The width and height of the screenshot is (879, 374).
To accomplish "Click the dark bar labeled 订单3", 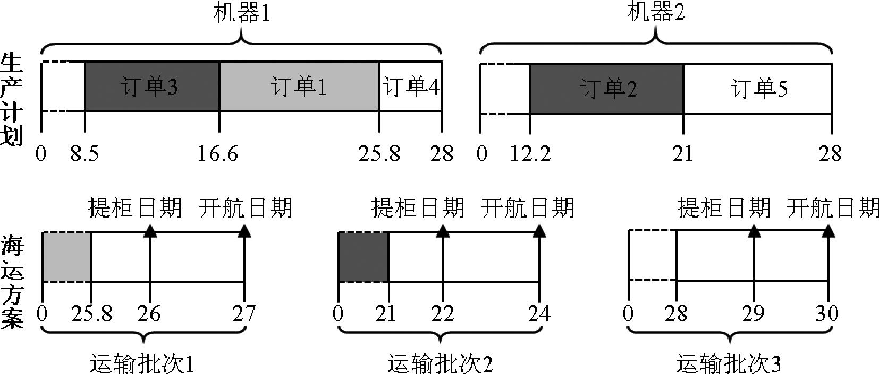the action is [152, 86].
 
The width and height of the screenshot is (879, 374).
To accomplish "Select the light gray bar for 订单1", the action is [299, 86].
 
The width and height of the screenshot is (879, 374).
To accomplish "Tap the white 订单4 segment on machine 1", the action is [410, 86].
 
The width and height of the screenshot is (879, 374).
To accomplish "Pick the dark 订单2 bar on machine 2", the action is [607, 89].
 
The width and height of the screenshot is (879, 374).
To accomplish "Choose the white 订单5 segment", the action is [758, 89].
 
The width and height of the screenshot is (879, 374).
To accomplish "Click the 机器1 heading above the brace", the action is [242, 13].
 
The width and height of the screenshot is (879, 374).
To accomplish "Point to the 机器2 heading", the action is [656, 12].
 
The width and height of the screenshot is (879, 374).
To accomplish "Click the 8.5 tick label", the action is [84, 153].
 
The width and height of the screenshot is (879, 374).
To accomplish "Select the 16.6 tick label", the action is [218, 153].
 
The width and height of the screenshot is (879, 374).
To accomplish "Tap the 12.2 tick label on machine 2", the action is [530, 153].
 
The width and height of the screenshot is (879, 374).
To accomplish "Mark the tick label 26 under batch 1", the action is [149, 314].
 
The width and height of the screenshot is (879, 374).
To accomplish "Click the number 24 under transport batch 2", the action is [539, 314].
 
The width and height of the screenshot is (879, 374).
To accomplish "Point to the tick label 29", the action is [754, 314].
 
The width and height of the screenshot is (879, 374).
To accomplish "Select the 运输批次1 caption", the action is [142, 364].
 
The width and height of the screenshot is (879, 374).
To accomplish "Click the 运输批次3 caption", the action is [728, 364].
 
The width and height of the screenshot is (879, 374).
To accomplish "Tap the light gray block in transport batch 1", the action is [67, 257].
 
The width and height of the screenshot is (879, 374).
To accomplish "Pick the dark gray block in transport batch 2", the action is [364, 257].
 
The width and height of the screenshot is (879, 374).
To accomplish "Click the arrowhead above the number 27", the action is [244, 231].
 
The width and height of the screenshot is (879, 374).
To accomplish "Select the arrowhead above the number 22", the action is [443, 231].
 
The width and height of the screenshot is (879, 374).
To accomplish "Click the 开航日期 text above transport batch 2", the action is [527, 208].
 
